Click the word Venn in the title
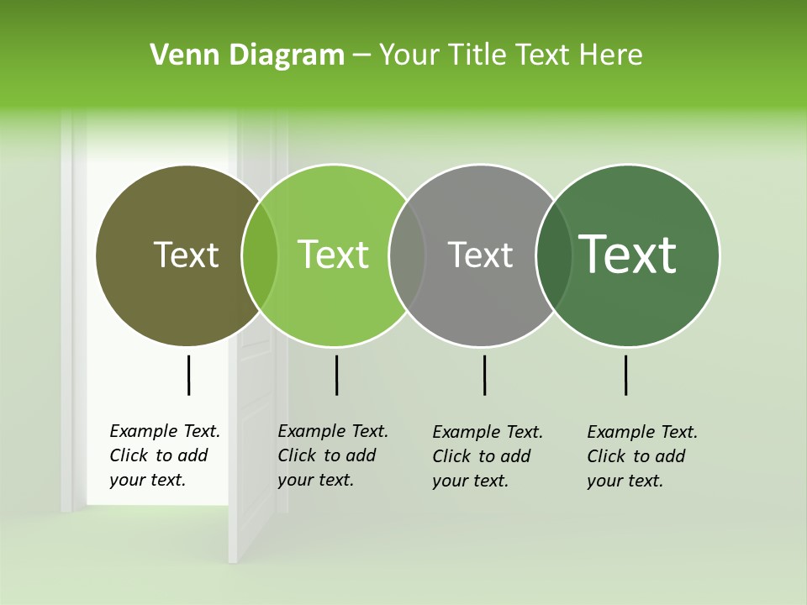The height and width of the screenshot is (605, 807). click(177, 55)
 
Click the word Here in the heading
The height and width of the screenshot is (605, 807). click(612, 55)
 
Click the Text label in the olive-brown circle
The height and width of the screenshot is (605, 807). click(186, 255)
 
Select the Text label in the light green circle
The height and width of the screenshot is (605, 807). click(334, 255)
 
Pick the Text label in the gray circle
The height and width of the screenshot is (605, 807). click(480, 255)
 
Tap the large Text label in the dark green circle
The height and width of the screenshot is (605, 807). click(628, 255)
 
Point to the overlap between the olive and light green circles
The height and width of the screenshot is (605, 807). click(260, 255)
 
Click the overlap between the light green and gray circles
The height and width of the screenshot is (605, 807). click(407, 255)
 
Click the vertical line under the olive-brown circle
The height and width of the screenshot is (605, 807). click(188, 375)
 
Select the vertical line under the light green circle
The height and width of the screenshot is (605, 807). click(336, 375)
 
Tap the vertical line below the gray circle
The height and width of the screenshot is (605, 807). click(484, 375)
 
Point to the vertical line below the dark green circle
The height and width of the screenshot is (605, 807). click(625, 375)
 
